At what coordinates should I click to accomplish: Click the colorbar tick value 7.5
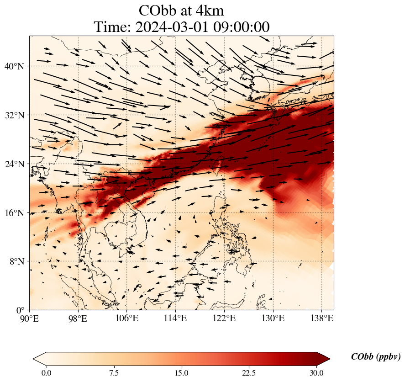pyautogui.click(x=114, y=373)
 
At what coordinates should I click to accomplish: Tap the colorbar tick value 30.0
pyautogui.click(x=316, y=373)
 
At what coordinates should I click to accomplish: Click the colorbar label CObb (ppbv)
pyautogui.click(x=375, y=357)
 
